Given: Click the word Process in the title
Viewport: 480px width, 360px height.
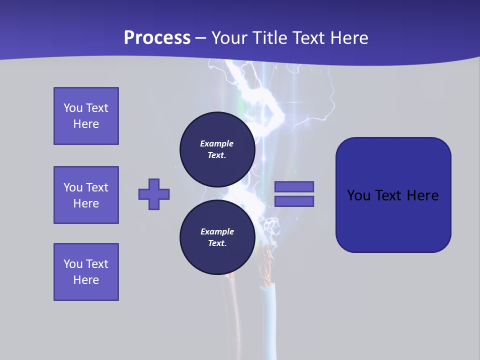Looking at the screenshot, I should pos(157,37).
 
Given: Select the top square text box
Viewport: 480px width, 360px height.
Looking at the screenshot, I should pos(86,116).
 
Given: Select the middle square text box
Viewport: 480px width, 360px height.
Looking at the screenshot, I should pos(86,195).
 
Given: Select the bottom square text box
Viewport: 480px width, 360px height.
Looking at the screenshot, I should pos(86,272).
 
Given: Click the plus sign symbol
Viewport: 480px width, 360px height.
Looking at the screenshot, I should pos(154,194).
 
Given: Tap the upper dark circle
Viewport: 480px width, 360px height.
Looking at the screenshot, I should pos(217,149).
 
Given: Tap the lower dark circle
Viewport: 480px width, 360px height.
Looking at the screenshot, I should pos(217,237).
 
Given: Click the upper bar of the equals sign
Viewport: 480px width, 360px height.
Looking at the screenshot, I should pos(294,186).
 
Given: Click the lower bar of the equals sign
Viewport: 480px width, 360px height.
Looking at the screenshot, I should pos(294,201).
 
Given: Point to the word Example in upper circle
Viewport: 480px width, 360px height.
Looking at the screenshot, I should pos(217,143).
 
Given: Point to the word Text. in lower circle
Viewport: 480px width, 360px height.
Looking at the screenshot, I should pos(217,243).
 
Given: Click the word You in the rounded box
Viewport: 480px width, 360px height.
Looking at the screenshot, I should pos(358,195).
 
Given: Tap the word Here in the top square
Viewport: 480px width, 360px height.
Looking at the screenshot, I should pos(86,124).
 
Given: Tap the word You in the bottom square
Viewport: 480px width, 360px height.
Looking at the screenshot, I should pos(72,264).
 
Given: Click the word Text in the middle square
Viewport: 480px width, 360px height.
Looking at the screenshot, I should pos(96,187).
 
